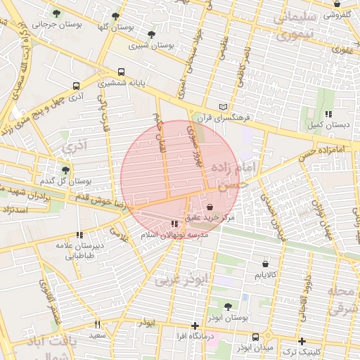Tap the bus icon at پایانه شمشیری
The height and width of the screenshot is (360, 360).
pos(121,72)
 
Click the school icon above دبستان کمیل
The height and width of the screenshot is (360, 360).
pos(328,115)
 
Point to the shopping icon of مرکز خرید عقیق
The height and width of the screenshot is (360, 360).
pos(211,207)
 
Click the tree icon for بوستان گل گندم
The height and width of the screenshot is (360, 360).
pos(65,170)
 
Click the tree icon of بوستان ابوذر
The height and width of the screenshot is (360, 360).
pos(227,307)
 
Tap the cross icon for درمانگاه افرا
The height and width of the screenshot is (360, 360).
pos(195,326)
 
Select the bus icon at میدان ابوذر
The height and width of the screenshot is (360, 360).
pos(255,337)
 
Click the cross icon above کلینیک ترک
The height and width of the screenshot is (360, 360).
pos(302,340)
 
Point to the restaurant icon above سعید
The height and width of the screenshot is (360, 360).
pos(97,325)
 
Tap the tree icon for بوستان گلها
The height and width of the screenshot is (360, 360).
pos(115,15)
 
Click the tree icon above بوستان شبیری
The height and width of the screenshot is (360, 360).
pos(151,34)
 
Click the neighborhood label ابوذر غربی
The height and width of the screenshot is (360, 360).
pos(182,280)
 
